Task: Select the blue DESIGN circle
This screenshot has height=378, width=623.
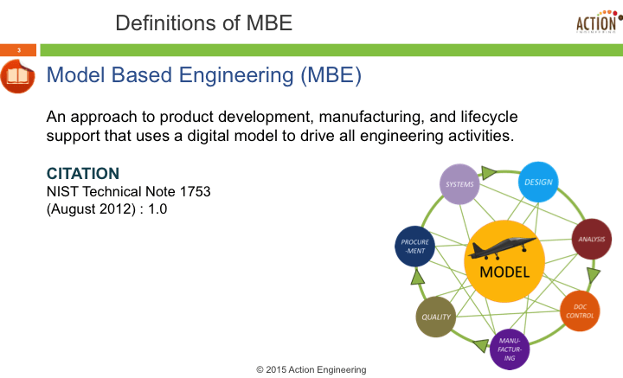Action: pyautogui.click(x=538, y=182)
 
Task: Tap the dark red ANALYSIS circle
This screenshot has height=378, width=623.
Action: pyautogui.click(x=592, y=240)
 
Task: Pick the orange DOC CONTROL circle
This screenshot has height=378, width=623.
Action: pyautogui.click(x=580, y=311)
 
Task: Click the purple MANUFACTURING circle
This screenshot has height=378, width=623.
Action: pyautogui.click(x=511, y=349)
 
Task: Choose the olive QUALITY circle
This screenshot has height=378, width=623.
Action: pyautogui.click(x=436, y=317)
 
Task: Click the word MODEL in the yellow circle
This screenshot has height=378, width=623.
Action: pyautogui.click(x=504, y=272)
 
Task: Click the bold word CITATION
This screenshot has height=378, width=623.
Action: pyautogui.click(x=82, y=174)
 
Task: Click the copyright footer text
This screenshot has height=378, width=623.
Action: pyautogui.click(x=311, y=369)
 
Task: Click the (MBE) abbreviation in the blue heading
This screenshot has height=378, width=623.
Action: pyautogui.click(x=330, y=76)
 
